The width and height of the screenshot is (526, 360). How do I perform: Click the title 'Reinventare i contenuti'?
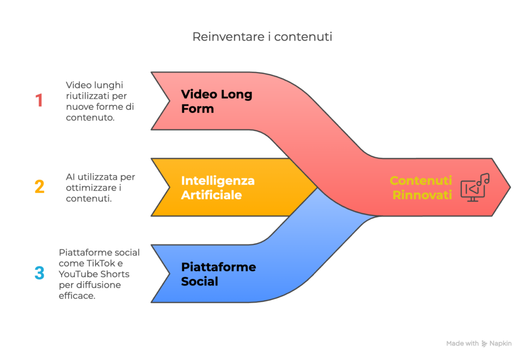[x=262, y=37]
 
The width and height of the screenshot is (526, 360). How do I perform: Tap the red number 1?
[x=39, y=101]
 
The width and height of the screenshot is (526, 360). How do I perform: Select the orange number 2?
[x=40, y=187]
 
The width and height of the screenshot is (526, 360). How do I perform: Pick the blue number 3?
[x=40, y=273]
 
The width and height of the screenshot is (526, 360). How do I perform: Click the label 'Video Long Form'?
[x=216, y=102]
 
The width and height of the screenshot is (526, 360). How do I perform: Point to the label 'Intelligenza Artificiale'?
[x=218, y=188]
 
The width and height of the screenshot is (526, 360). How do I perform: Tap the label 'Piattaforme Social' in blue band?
[x=218, y=274]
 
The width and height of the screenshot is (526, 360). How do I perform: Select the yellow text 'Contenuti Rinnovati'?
[x=421, y=188]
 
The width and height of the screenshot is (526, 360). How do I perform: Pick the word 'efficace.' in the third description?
[x=77, y=296]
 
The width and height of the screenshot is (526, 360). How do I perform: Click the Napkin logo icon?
[x=484, y=344]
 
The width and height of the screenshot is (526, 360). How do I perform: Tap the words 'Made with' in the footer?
[x=462, y=344]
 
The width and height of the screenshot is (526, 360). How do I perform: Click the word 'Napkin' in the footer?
[x=501, y=344]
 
